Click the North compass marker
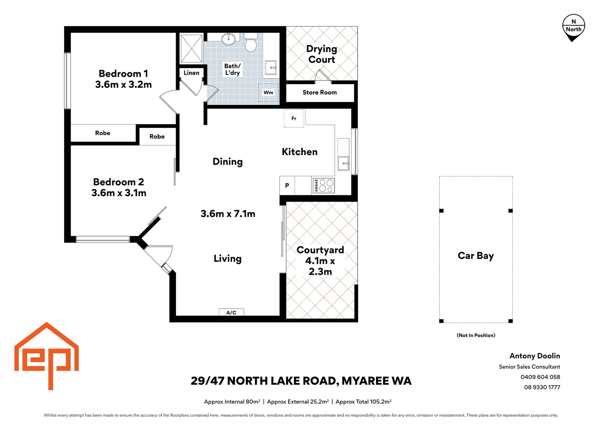[x=573, y=28]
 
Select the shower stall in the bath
[x=191, y=49]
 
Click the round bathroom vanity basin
[x=228, y=39]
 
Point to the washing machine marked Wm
[x=268, y=92]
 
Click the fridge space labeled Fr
[x=294, y=118]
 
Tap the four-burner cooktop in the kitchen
[x=323, y=185]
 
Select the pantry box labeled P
[x=287, y=185]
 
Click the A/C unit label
[x=231, y=312]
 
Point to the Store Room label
[x=320, y=92]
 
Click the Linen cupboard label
[x=191, y=73]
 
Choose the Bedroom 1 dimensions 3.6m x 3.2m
[x=123, y=85]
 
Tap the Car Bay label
[x=476, y=256]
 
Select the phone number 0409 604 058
[x=540, y=377]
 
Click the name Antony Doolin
[x=535, y=356]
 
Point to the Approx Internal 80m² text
[x=232, y=402]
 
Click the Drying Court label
[x=321, y=54]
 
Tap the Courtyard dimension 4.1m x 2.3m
[x=320, y=266]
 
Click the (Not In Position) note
[x=476, y=335]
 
